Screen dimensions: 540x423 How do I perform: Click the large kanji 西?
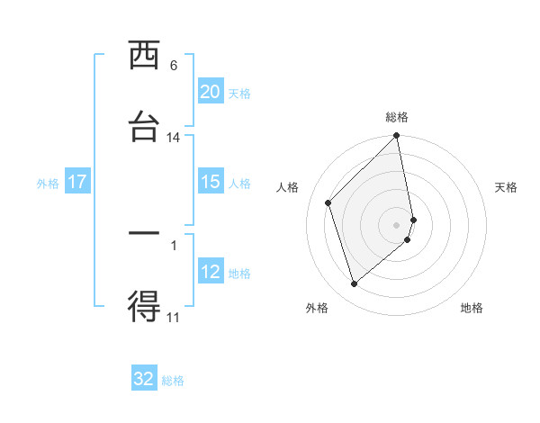tap(144, 56)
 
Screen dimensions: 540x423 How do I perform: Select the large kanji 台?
tap(144, 127)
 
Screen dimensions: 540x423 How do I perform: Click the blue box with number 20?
tap(210, 92)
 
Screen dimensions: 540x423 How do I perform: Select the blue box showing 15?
tap(210, 182)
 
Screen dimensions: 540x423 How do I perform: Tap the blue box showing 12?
tap(210, 272)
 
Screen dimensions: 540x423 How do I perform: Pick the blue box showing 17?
tap(77, 182)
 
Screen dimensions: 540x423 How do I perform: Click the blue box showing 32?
tap(144, 379)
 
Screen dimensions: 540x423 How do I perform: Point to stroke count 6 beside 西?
tap(173, 66)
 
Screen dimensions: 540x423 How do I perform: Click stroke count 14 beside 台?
tap(173, 138)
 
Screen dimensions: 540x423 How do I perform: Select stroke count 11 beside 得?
tap(173, 317)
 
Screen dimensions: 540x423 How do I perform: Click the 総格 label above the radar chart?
tap(397, 117)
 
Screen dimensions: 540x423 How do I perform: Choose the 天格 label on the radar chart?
tap(506, 187)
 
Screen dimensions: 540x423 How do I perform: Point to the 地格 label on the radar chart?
tap(472, 308)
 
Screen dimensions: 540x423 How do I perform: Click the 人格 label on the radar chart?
tap(287, 187)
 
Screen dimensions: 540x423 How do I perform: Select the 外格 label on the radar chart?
tap(317, 308)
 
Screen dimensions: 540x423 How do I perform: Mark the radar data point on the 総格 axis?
tap(397, 137)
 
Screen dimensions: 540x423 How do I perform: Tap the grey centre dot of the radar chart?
tap(397, 224)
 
